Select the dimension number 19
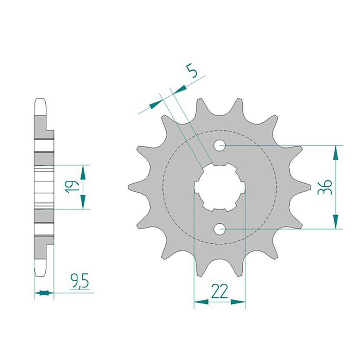(x=71, y=187)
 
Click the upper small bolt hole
(x=219, y=145)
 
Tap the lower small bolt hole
(x=219, y=229)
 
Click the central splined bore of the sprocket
(x=220, y=187)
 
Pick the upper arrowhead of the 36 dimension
(x=335, y=153)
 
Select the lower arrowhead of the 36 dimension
(x=335, y=221)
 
